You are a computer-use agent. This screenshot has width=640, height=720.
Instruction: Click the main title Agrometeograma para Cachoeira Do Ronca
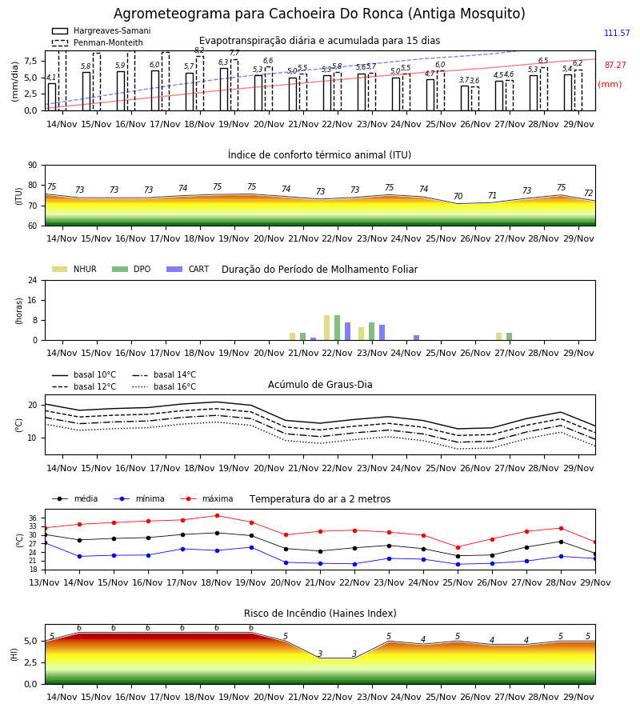(x=319, y=14)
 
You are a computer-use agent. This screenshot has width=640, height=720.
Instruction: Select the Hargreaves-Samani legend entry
(x=102, y=30)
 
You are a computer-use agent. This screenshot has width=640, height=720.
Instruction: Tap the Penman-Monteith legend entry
(x=98, y=42)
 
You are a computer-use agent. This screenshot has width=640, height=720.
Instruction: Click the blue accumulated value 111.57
(x=617, y=33)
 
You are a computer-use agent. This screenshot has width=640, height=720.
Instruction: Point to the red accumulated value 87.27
(x=615, y=66)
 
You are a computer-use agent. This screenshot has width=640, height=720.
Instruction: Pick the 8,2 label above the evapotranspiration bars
(x=199, y=50)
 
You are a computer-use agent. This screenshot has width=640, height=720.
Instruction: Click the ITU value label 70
(x=458, y=196)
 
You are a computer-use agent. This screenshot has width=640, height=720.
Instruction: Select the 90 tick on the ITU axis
(x=33, y=166)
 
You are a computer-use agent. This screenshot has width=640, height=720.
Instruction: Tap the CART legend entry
(x=188, y=269)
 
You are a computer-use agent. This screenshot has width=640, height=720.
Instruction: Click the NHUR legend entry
(x=74, y=269)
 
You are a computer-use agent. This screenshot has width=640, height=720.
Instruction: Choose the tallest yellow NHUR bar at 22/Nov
(x=327, y=328)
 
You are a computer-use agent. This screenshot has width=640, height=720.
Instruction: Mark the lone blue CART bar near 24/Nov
(x=417, y=338)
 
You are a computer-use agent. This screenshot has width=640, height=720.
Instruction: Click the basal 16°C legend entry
(x=164, y=386)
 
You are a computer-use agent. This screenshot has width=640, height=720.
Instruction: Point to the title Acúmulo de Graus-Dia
(x=320, y=385)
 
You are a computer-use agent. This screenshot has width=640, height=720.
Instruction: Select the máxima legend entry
(x=206, y=498)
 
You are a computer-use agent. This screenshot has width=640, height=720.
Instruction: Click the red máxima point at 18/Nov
(x=217, y=516)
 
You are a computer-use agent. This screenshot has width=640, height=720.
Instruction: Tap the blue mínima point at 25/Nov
(x=458, y=564)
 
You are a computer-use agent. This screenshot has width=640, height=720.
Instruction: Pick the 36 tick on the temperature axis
(x=33, y=518)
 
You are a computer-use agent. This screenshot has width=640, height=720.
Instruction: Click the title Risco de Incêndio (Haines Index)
(x=320, y=614)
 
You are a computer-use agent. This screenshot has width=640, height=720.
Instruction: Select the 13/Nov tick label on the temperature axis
(x=45, y=582)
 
